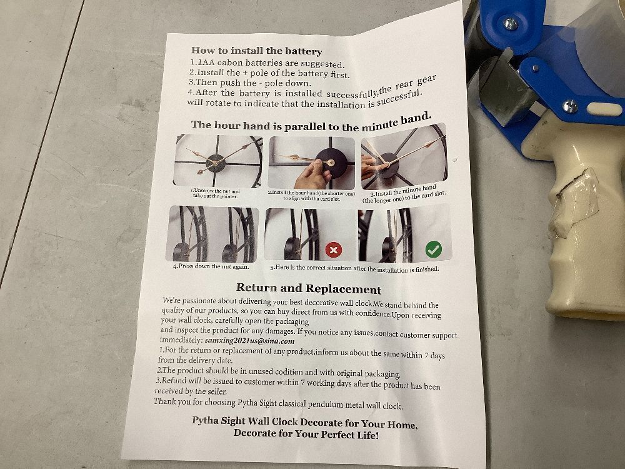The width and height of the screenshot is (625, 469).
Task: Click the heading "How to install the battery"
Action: [x=257, y=51]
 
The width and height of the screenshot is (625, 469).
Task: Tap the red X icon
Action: [x=334, y=250]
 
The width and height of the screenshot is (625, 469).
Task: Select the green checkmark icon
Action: [x=433, y=250]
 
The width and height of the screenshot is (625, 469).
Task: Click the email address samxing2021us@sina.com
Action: [x=249, y=341]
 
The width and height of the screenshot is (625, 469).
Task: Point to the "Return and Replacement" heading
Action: [x=309, y=288]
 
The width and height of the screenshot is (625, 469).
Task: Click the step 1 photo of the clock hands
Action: [x=218, y=161]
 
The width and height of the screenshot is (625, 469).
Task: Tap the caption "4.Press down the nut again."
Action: [x=211, y=266]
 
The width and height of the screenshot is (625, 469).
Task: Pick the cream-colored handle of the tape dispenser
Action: [x=582, y=223]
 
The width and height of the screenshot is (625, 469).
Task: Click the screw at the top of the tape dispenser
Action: [x=510, y=24]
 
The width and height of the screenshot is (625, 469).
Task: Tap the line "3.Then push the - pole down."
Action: [x=249, y=83]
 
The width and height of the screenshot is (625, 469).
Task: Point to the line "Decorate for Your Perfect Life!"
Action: [x=306, y=434]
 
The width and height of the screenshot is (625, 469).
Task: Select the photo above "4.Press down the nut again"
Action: [x=212, y=234]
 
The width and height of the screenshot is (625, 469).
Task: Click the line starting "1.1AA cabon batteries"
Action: [x=267, y=63]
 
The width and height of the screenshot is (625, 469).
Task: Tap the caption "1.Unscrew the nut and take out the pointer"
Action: [x=216, y=193]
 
